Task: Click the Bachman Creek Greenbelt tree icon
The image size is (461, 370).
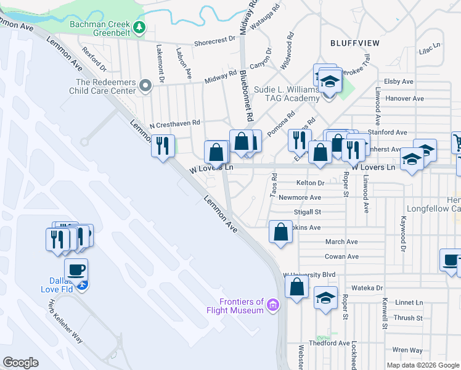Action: (140, 27)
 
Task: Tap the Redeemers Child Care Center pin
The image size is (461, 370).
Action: (145, 86)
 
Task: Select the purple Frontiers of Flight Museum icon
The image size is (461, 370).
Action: (272, 304)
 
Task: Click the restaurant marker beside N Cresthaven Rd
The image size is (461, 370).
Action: (162, 146)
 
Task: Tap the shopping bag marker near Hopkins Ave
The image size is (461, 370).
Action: (280, 232)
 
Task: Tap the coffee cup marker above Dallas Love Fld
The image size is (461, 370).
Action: (76, 269)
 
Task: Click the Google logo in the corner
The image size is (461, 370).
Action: (20, 363)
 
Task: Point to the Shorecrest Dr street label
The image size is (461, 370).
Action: (215, 38)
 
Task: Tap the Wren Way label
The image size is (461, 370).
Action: (408, 350)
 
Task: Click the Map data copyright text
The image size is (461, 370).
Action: (423, 365)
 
